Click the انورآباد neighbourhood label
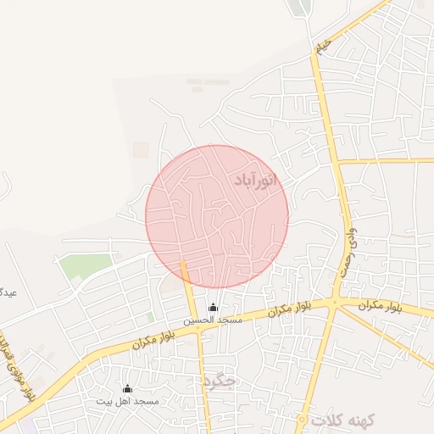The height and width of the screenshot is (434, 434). [255, 180]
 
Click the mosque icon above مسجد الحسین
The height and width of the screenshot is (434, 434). [213, 308]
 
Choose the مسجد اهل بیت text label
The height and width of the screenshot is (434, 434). [127, 400]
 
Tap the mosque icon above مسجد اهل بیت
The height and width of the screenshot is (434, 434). [127, 388]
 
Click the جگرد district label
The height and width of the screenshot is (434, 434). [219, 381]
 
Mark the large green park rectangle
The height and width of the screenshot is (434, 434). [85, 266]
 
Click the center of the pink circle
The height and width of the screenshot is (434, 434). [217, 216]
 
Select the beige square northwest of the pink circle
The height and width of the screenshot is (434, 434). [141, 150]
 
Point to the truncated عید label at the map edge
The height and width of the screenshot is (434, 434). [7, 293]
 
